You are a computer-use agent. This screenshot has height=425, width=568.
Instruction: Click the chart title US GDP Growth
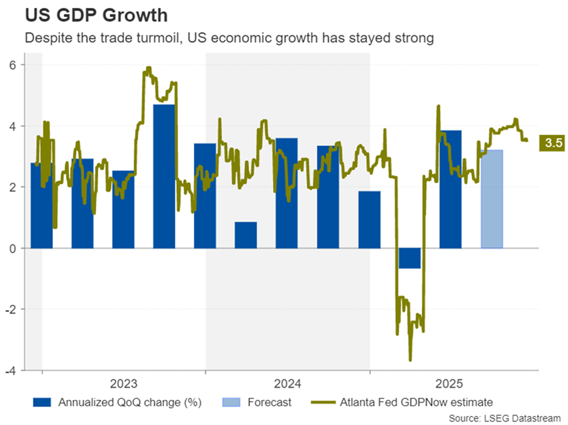87,14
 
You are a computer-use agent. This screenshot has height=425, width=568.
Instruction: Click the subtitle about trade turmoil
229,39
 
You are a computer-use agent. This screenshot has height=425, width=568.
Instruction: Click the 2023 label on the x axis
123,384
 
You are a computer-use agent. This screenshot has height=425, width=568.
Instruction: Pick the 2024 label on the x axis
287,384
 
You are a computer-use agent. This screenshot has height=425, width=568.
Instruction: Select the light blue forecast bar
492,199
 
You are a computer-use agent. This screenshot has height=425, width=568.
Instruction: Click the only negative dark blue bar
410,258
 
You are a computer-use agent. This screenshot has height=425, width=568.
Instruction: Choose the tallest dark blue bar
164,176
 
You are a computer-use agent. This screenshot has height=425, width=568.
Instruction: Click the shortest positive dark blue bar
245,234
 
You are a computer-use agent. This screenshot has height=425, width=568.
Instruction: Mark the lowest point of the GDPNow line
410,360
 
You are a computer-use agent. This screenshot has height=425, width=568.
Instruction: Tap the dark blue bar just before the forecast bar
450,189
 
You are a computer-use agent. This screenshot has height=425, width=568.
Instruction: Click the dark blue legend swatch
43,403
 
